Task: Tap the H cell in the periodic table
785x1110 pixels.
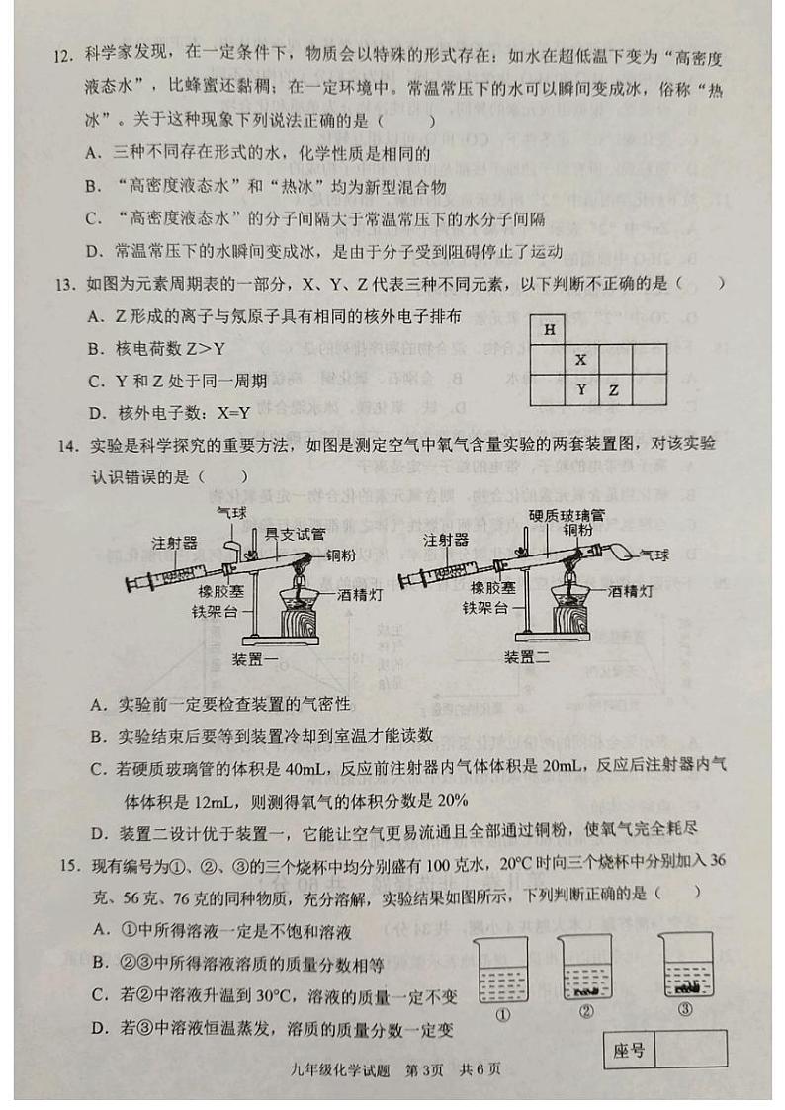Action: (549, 330)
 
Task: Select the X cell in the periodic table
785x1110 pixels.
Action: (581, 360)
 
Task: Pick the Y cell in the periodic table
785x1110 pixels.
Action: (581, 390)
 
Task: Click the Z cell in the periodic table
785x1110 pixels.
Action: (613, 390)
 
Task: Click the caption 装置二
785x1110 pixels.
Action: (527, 657)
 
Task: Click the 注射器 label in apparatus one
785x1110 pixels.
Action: (174, 543)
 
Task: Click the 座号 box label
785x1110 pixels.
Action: (629, 1050)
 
